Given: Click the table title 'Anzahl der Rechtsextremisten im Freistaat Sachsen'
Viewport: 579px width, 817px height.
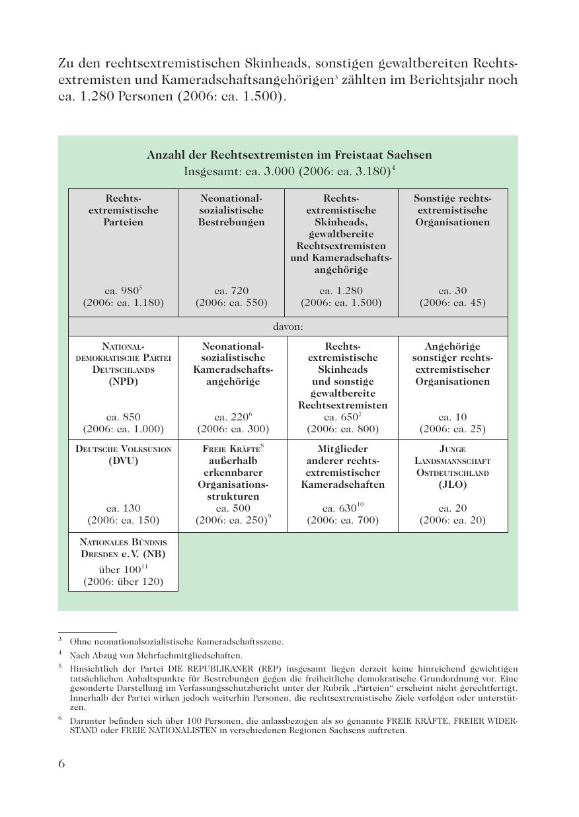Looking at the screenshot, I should point(289,155).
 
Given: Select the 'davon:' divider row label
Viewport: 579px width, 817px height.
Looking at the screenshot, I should point(288,327).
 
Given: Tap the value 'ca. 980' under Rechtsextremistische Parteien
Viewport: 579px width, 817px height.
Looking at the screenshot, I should point(121,291).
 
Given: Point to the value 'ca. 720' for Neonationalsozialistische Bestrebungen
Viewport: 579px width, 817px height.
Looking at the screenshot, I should point(231,291).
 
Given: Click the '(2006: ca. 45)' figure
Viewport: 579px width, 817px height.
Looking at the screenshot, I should point(452,303).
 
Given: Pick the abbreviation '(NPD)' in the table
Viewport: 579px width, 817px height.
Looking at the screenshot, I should point(124,381).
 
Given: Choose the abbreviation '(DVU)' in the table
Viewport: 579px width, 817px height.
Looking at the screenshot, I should point(124,461).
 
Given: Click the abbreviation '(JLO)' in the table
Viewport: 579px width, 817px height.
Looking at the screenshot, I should point(453,485).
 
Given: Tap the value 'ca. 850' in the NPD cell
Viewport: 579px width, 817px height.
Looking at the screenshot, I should point(123,417).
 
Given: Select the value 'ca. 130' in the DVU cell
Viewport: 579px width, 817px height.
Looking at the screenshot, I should point(123,508).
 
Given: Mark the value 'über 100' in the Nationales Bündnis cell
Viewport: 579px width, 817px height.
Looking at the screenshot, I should point(118,570).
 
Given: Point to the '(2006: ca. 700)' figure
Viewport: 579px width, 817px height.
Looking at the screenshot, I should point(342,520).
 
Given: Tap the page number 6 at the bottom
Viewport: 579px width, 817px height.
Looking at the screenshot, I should point(62,764).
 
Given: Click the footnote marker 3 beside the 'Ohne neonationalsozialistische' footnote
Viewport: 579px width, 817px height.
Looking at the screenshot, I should point(60,639).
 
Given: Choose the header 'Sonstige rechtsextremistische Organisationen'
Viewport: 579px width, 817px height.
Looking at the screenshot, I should point(453,210).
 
